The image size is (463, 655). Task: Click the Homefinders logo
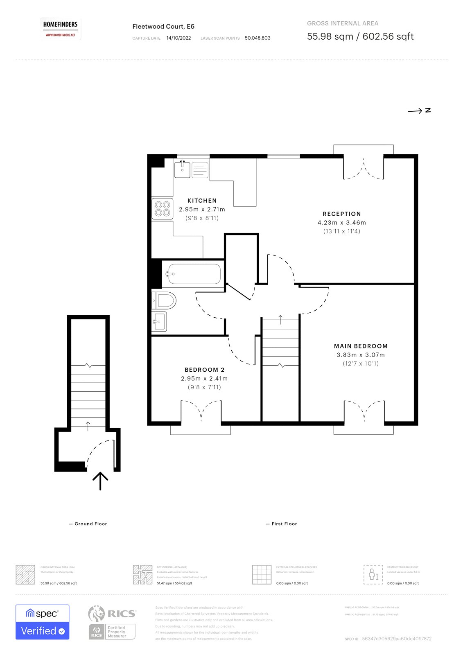(x=60, y=29)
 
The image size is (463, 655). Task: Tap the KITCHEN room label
(x=202, y=201)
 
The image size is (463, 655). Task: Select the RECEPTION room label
(x=342, y=214)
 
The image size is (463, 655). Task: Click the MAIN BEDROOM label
(x=361, y=346)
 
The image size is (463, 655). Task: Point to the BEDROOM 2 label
(x=204, y=370)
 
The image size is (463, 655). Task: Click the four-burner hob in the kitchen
(x=162, y=208)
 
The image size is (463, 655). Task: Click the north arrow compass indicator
(x=419, y=111)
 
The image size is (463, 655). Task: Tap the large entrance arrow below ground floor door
(x=100, y=481)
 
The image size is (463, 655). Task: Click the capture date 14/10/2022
(x=178, y=38)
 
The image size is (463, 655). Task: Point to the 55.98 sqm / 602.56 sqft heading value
(x=360, y=36)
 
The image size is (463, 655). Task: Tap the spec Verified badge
(x=43, y=622)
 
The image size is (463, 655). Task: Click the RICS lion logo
(x=97, y=613)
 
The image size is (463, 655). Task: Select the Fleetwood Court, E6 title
(x=163, y=27)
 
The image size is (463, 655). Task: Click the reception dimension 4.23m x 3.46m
(x=342, y=223)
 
